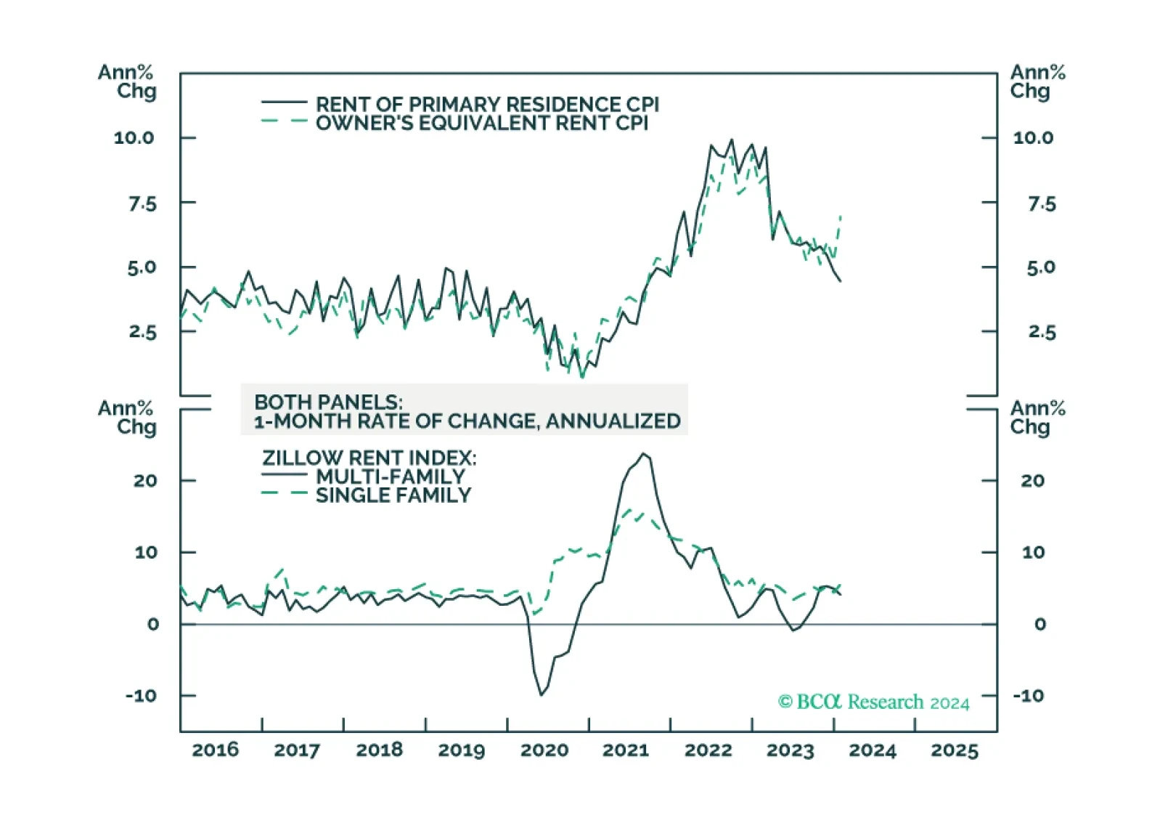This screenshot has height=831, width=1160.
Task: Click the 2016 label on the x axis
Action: coord(215,750)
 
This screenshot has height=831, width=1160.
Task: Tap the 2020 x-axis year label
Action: coord(544,750)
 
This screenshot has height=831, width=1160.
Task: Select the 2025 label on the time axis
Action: coord(955,750)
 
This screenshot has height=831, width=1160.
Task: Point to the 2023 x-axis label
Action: coord(790,750)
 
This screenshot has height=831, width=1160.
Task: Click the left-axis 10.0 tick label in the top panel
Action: coord(134,137)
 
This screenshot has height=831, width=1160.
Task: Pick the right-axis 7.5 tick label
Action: coord(1041,203)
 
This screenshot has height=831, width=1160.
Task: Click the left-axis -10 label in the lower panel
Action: coord(141,695)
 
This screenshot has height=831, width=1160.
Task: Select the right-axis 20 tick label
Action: coord(1032,480)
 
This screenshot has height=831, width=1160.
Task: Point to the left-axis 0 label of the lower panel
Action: coord(152,624)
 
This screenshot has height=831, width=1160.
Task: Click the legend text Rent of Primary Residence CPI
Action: coord(487,104)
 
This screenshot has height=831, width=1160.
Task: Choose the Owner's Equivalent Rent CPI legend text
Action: coord(481,123)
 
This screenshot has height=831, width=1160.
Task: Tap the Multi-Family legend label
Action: coord(391,477)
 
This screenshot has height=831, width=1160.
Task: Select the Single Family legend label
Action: coord(393,495)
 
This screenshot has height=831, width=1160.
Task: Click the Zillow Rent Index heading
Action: coord(369,458)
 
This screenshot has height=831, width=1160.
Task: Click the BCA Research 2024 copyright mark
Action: coord(873,702)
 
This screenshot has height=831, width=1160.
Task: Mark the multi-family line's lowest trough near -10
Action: coord(541,694)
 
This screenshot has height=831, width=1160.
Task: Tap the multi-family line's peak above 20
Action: coord(643,454)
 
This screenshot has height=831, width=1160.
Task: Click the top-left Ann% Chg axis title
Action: coord(127,81)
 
